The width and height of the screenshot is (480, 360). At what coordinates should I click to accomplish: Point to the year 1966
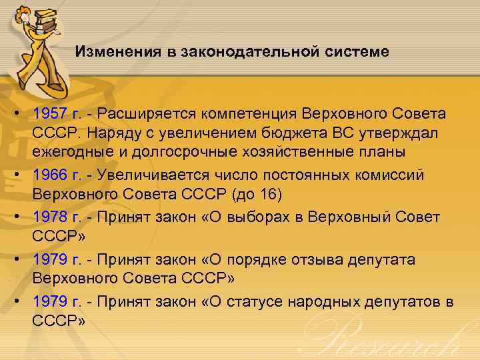[49, 175]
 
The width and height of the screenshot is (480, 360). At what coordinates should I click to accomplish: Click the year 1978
[49, 217]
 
